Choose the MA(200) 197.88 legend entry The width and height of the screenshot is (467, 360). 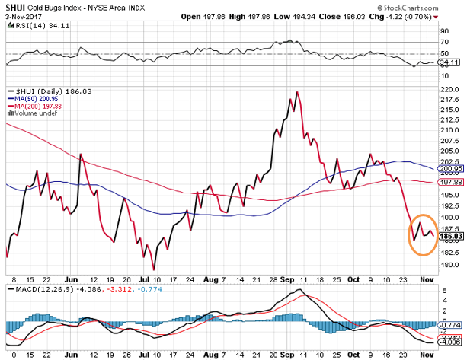click(37, 105)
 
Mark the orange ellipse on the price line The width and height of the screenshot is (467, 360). click(423, 232)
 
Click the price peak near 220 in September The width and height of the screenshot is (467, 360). click(296, 91)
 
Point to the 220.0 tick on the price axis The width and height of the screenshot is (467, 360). click(449, 90)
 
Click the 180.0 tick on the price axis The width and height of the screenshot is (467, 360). click(449, 265)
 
